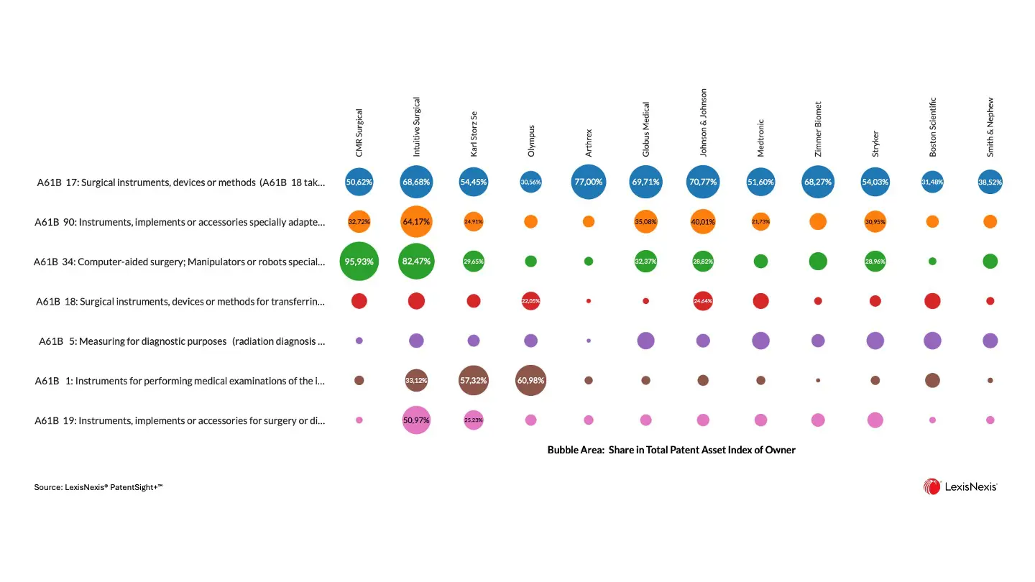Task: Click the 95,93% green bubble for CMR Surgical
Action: pyautogui.click(x=359, y=262)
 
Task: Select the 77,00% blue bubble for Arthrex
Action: pyautogui.click(x=589, y=182)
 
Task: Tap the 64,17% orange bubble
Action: pyautogui.click(x=416, y=221)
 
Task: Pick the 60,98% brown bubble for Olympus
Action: pyautogui.click(x=531, y=380)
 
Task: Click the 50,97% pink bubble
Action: pyautogui.click(x=416, y=420)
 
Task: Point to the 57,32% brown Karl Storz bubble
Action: pyautogui.click(x=474, y=380)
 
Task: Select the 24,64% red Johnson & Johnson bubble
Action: pyautogui.click(x=703, y=301)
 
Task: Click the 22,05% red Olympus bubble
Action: pyautogui.click(x=531, y=301)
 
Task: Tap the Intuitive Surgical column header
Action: pyautogui.click(x=417, y=127)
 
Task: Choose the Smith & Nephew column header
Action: pyautogui.click(x=990, y=128)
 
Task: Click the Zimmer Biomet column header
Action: pyautogui.click(x=818, y=129)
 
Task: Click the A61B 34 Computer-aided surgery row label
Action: pyautogui.click(x=180, y=262)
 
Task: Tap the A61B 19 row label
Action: pyautogui.click(x=180, y=420)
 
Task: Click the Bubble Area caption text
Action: pyautogui.click(x=671, y=450)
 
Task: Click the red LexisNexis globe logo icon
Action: pyautogui.click(x=931, y=486)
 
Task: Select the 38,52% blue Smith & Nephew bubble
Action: pyautogui.click(x=990, y=182)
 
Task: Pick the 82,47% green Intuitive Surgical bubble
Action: pyautogui.click(x=416, y=262)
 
